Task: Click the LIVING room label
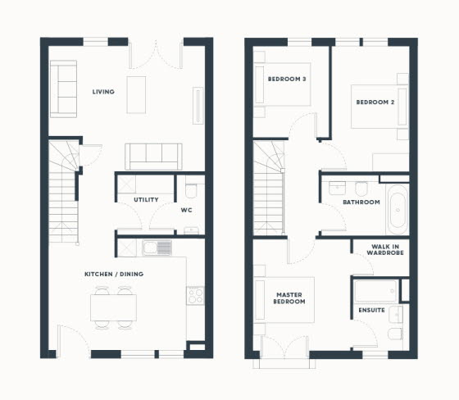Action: (x=103, y=92)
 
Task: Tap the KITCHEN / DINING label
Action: (x=114, y=274)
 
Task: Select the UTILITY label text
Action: (x=146, y=200)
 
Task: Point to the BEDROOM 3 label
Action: (x=287, y=79)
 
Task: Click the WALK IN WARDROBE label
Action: (x=385, y=250)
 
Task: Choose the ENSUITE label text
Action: (x=371, y=310)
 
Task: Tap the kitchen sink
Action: (x=157, y=248)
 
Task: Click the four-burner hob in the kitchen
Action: (x=195, y=295)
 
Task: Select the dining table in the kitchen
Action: (x=113, y=307)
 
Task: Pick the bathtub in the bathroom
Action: (x=398, y=209)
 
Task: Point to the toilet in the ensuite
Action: (x=395, y=334)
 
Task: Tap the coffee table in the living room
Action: (x=136, y=95)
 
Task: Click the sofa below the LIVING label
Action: (x=153, y=157)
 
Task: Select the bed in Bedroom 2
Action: (x=379, y=107)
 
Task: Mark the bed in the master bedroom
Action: (x=284, y=300)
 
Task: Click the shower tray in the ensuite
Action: (x=376, y=291)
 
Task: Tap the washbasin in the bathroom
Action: (x=337, y=189)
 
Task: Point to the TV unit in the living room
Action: (x=198, y=106)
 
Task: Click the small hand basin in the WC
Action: (x=191, y=230)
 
